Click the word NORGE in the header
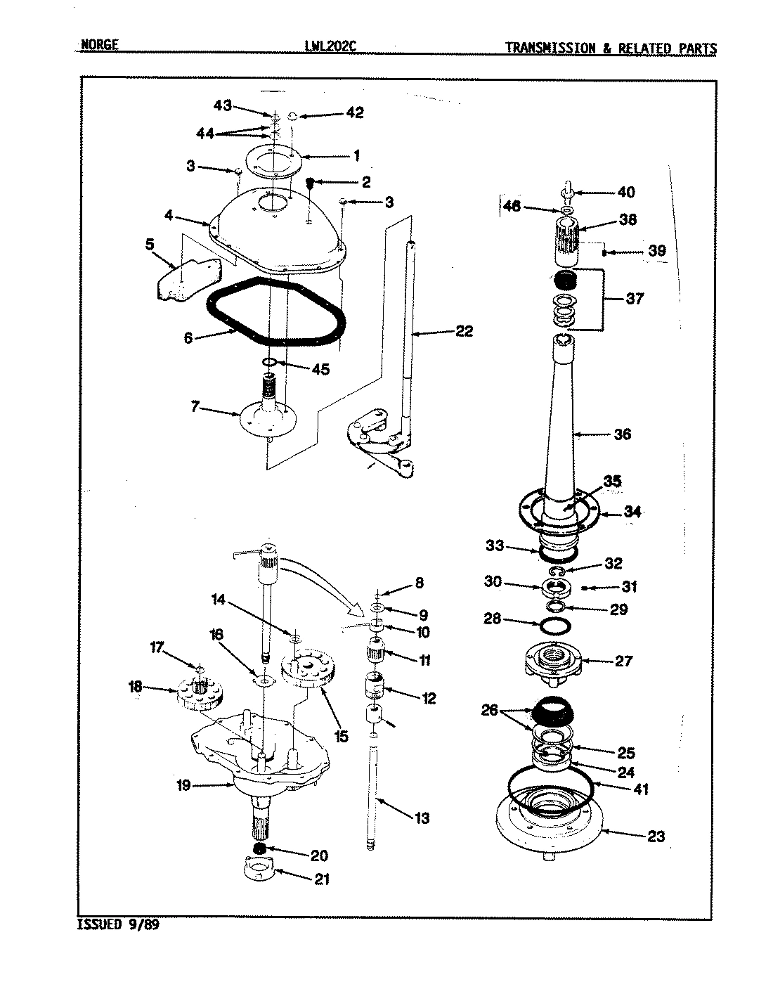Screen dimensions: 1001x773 [x=98, y=47]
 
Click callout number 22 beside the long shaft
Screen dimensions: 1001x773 [x=464, y=331]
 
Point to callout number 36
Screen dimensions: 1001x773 [x=622, y=434]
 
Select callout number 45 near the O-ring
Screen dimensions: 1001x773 [x=320, y=369]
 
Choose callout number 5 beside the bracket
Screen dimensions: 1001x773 [x=150, y=245]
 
